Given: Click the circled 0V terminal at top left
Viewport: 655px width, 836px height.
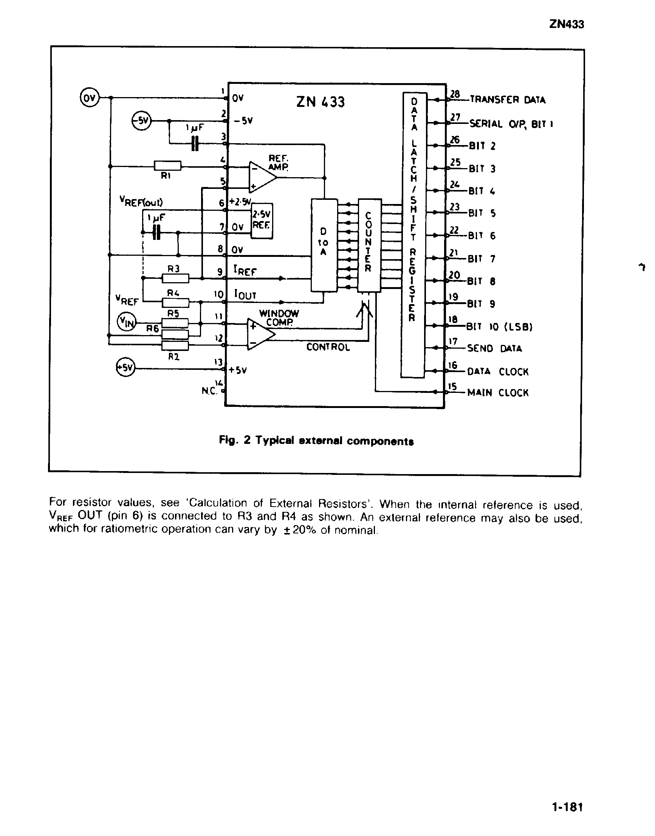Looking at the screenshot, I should (x=89, y=98).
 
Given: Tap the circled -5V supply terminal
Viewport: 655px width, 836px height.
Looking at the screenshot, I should (x=141, y=121).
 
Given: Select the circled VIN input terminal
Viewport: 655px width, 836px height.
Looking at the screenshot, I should (x=126, y=322).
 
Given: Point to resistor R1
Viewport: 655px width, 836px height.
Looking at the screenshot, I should (x=167, y=165).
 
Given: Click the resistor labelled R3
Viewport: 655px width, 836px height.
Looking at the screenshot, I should (x=175, y=278).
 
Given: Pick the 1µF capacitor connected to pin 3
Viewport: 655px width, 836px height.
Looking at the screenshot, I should (x=195, y=143).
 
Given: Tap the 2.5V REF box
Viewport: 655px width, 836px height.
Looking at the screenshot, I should (x=262, y=220).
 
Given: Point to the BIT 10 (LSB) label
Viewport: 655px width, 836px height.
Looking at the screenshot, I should (x=499, y=327).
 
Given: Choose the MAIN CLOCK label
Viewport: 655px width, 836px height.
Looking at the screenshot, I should (x=498, y=393).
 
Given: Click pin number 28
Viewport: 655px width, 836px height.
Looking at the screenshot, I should (x=455, y=94).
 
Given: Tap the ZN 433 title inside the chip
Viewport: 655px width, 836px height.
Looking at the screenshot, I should (x=321, y=102).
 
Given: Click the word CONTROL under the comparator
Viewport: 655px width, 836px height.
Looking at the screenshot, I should (x=328, y=347).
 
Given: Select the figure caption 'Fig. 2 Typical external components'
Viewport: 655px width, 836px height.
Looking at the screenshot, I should (x=316, y=441).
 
